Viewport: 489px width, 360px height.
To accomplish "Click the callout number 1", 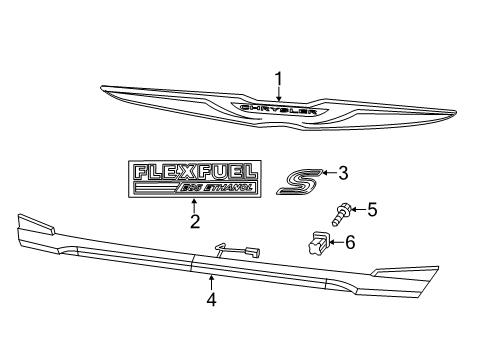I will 279,77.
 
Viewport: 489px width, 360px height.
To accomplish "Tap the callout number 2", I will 195,221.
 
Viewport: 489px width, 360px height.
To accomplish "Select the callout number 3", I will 342,174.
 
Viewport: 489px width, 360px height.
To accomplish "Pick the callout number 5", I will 372,210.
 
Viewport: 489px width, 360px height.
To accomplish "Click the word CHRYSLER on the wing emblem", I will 277,108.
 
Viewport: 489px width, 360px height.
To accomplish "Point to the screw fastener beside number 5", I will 341,215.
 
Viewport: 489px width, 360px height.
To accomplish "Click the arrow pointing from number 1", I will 279,92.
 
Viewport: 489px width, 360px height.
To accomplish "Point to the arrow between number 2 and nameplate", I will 195,205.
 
